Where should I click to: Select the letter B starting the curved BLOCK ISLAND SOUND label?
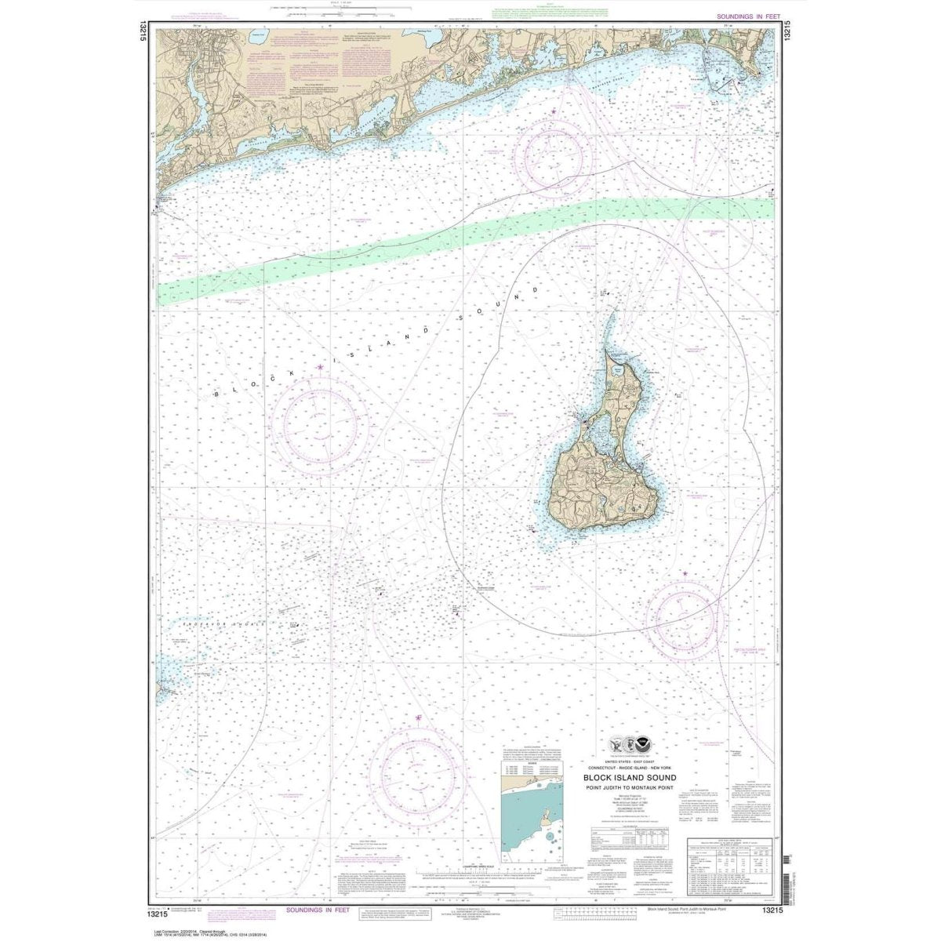tap(216, 395)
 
